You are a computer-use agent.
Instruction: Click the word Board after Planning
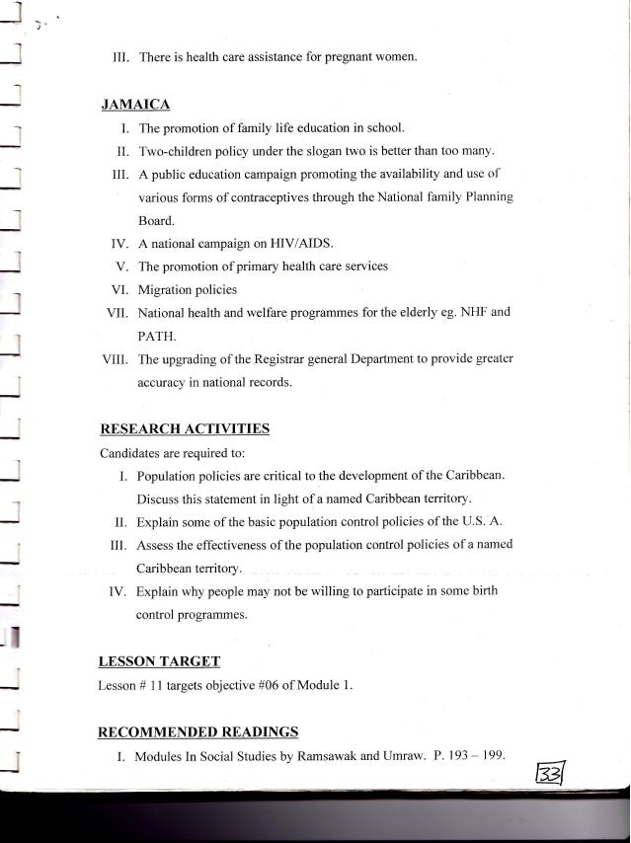155,220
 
